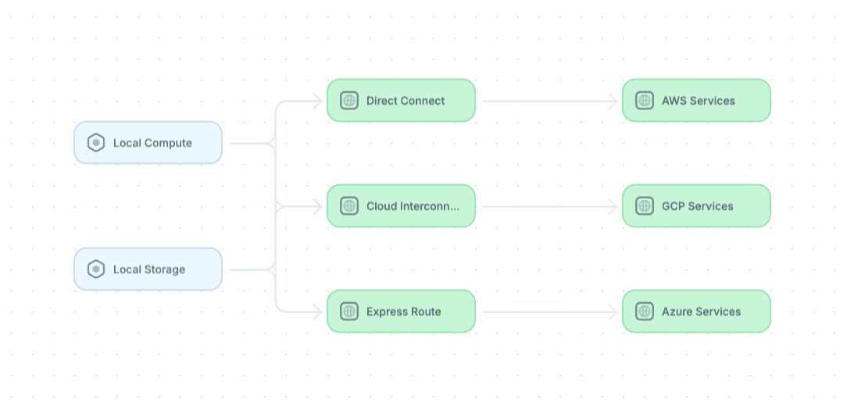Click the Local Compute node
pos(148,143)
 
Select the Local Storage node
pos(148,269)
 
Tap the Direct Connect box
pos(402,101)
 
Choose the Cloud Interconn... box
pos(402,206)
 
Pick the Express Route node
pos(402,311)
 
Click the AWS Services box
pos(696,101)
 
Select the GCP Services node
pos(696,206)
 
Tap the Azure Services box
pos(696,311)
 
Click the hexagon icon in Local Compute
pos(96,143)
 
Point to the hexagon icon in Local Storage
pos(96,269)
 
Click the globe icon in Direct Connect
pos(349,101)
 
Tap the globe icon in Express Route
pos(349,311)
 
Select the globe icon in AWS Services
pos(645,101)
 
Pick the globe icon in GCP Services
pos(645,206)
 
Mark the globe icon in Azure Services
pos(645,311)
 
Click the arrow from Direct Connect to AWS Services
pos(550,101)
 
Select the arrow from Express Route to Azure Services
pos(550,312)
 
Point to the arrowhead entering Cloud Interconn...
pos(318,206)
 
